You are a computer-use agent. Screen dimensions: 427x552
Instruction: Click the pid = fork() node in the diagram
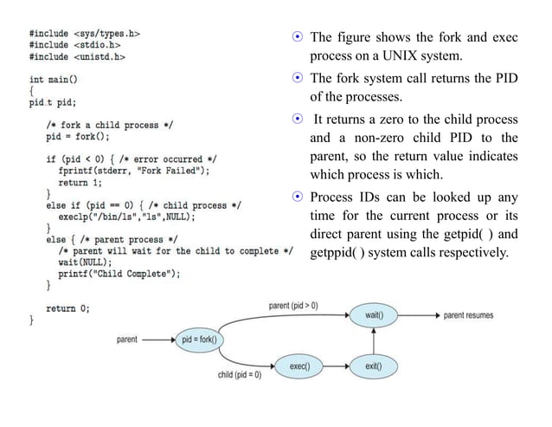198,340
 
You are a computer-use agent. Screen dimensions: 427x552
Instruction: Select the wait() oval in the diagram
374,315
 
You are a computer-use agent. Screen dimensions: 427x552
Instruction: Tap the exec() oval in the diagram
299,366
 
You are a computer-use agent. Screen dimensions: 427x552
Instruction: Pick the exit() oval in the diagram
374,366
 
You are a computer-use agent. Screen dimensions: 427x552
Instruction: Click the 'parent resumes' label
468,315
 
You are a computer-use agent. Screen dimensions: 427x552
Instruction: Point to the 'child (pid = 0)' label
239,374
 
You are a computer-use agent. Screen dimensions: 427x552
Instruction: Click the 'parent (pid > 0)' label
293,305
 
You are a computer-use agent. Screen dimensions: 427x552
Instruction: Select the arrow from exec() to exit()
337,366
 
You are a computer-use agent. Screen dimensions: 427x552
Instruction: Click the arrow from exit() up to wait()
374,341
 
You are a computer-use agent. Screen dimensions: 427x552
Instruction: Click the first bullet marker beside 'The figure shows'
296,37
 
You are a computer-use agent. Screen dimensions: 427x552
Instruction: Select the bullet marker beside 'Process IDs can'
296,197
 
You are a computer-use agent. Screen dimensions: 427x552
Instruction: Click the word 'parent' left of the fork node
125,340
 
